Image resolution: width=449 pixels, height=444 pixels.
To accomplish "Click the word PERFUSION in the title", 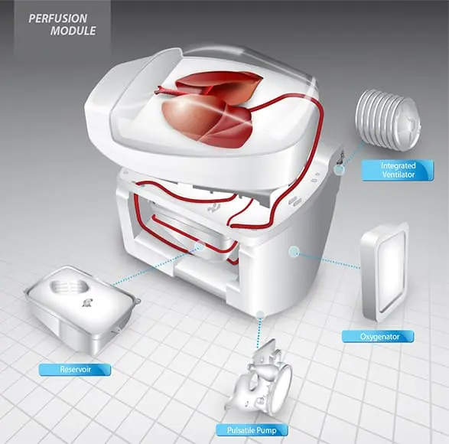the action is pos(58,18).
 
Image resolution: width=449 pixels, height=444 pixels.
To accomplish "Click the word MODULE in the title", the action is pos(73,31).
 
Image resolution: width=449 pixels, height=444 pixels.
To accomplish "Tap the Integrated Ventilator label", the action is pos(398,170).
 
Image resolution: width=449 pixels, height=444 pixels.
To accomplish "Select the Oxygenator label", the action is pos(378,337).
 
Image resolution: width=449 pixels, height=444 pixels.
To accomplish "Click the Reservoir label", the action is pos(75,369).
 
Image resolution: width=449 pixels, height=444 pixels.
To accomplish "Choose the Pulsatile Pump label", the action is pos(252,430).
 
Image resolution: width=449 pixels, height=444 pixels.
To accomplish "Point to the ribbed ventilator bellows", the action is pos(388,120).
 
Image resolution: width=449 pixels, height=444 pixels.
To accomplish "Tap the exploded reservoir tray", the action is pos(83,309).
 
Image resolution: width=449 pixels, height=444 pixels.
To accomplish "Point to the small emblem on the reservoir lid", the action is pos(87,303).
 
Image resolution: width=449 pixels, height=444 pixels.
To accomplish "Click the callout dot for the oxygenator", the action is pos(294,252).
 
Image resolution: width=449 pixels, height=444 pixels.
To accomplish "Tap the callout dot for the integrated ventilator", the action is pos(340,170).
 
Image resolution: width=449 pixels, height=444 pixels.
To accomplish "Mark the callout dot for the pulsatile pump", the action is pos(260,315).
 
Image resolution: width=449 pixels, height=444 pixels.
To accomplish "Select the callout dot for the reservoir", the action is pos(200,246).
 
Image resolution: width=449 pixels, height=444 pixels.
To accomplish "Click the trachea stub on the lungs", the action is pos(166,90).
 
